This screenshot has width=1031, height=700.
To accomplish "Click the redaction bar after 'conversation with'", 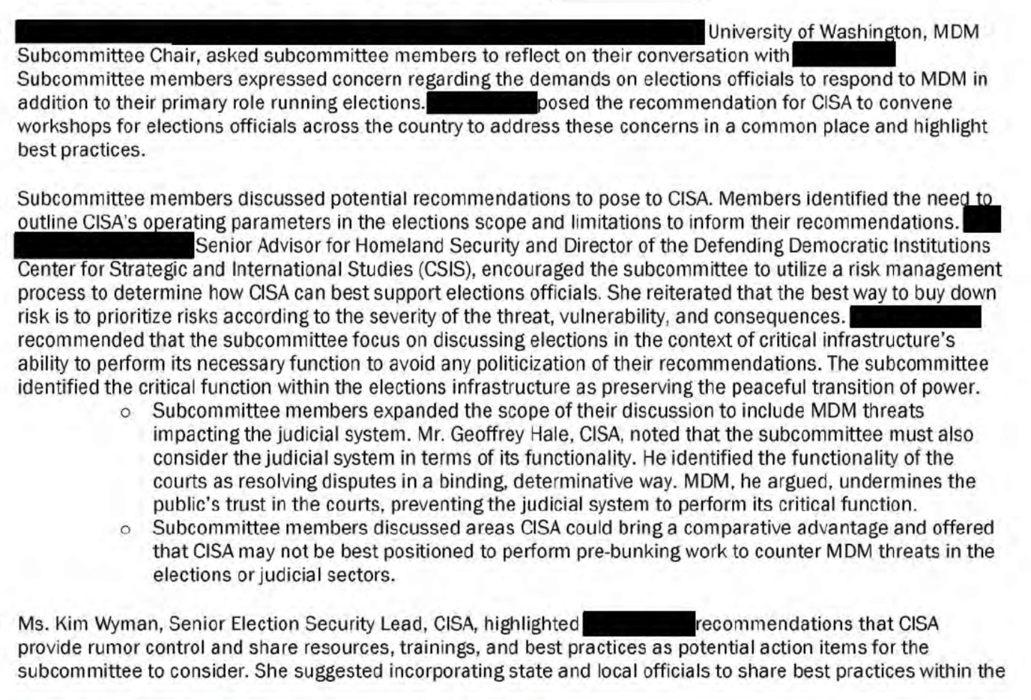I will click(x=843, y=55).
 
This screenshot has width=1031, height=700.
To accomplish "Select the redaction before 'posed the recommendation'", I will click(x=481, y=103).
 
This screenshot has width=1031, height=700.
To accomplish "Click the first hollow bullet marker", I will click(x=125, y=412).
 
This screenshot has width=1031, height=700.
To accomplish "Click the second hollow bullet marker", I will click(x=125, y=529).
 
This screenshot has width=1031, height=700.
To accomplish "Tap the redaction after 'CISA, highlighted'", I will click(x=638, y=624).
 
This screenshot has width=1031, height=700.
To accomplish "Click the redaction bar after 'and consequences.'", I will click(x=915, y=316).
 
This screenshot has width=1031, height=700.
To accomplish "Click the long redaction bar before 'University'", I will click(x=360, y=32).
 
